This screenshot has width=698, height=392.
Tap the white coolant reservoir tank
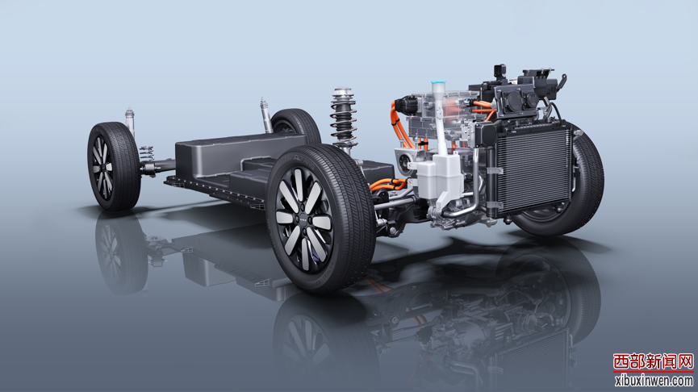pos(438,177)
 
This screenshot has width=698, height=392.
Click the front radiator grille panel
pos(533,171)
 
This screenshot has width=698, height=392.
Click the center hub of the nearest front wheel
pos(304,220)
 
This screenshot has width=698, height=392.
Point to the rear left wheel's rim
pos(102,167)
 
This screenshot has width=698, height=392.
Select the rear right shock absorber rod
pos(265,115)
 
